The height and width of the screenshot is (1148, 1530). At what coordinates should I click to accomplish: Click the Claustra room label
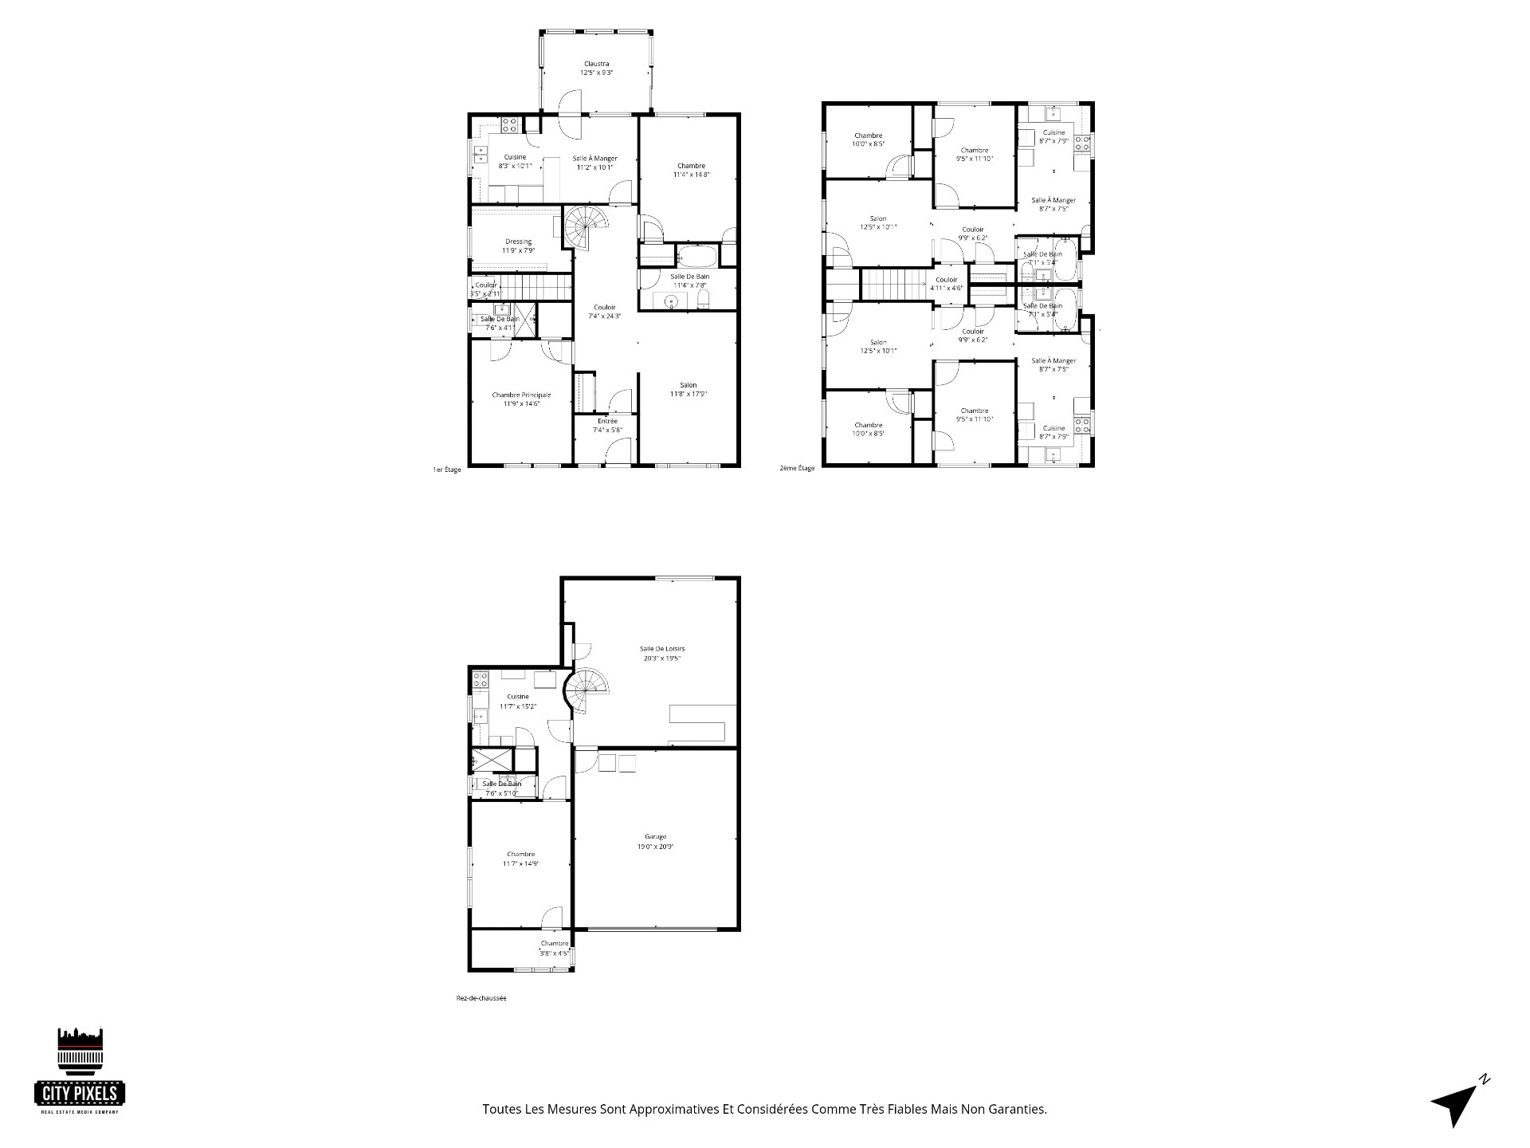coord(596,64)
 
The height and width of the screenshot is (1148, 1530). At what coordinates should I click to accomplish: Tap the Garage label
coord(656,836)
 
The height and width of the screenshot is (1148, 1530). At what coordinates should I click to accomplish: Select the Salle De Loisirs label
coord(661,649)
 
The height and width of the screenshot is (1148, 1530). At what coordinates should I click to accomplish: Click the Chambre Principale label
coord(521,395)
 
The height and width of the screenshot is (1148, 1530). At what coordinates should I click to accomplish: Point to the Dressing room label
coord(518,242)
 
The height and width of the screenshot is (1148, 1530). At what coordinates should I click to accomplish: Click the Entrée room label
coord(606,421)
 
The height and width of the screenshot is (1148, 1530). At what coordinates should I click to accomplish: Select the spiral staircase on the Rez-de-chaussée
coord(587,690)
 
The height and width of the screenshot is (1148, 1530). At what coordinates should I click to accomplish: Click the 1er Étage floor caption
coord(446,470)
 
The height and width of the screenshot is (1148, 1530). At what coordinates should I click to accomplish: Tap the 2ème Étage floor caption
coord(797,468)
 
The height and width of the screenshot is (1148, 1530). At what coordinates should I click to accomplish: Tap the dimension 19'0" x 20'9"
coord(656,847)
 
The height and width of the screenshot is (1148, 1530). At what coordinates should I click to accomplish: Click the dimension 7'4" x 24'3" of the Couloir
coord(604,316)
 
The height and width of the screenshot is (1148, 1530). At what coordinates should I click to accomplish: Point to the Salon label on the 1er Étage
coord(688,384)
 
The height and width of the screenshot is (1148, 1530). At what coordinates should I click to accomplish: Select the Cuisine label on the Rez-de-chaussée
coord(517,696)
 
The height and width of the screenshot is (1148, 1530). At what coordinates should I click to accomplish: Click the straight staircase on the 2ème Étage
coord(894,285)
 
